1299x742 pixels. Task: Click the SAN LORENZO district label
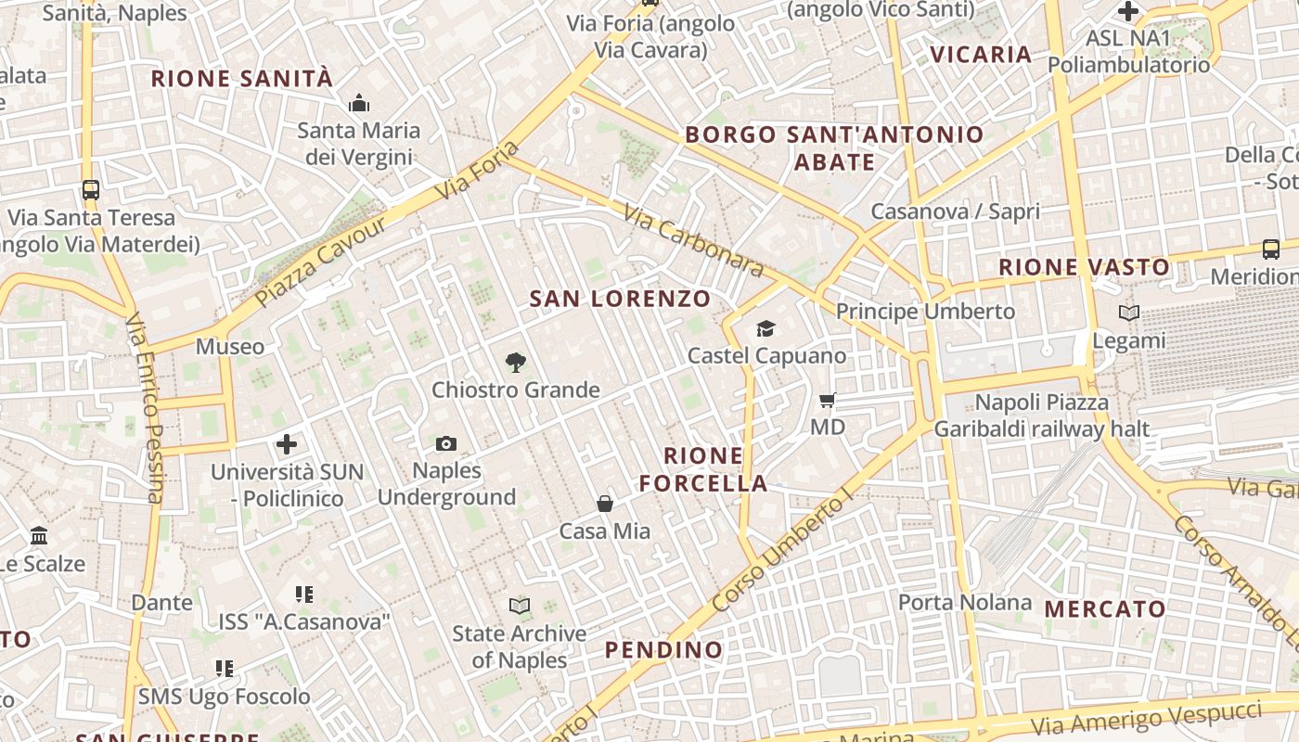[x=620, y=299]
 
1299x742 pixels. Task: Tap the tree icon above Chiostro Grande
[x=515, y=363]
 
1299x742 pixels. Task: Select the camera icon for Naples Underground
[x=446, y=444]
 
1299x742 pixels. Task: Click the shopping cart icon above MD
[x=828, y=401]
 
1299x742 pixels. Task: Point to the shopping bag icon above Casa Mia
[x=605, y=504]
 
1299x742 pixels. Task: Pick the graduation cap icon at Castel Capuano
[x=765, y=329]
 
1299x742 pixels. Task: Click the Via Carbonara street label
[x=693, y=241]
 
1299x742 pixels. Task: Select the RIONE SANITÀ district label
[x=241, y=79]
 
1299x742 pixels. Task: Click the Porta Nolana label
[x=965, y=603]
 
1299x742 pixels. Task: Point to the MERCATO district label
[x=1105, y=609]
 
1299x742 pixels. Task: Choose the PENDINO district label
[x=663, y=650]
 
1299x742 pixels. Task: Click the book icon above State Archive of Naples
[x=520, y=607]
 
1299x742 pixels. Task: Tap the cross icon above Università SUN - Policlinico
[x=288, y=444]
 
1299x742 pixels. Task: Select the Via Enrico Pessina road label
[x=146, y=408]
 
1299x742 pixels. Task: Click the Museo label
[x=229, y=347]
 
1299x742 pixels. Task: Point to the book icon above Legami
[x=1129, y=313]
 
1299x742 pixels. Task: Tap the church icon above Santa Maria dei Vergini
[x=358, y=103]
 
